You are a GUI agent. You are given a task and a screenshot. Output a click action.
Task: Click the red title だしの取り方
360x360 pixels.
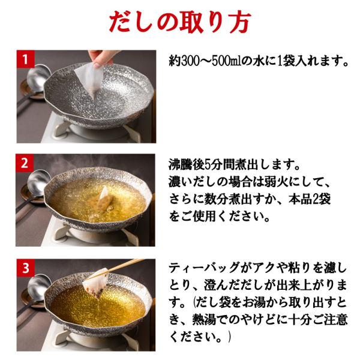(x=180, y=22)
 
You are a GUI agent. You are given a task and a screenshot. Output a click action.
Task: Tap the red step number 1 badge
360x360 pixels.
(x=25, y=59)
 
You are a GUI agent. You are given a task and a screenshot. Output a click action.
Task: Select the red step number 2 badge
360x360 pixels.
(x=25, y=163)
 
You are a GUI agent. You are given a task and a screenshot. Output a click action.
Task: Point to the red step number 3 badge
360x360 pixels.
(x=25, y=268)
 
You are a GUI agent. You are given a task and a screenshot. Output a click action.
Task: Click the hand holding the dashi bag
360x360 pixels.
(x=101, y=58)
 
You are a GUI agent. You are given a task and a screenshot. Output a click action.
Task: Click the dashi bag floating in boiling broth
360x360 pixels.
(x=103, y=198)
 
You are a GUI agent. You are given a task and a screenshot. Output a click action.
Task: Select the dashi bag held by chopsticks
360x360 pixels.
(x=95, y=283)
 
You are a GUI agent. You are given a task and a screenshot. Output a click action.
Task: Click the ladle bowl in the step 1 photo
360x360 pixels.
(x=38, y=74)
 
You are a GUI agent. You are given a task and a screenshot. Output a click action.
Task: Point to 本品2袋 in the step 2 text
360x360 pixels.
(x=309, y=199)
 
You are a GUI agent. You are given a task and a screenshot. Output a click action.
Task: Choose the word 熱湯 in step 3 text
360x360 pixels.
(x=204, y=320)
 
